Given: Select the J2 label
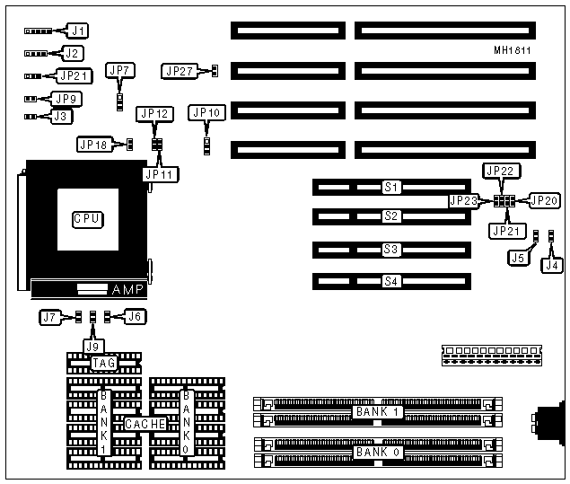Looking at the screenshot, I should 70,53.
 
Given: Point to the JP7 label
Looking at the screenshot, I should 119,70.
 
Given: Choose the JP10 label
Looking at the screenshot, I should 206,113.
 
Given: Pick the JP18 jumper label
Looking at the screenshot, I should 94,144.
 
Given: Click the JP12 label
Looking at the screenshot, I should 153,114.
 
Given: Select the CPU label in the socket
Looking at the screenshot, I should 86,218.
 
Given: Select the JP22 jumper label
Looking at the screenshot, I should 499,171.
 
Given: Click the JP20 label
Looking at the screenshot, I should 544,200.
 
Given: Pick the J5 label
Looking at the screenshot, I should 517,259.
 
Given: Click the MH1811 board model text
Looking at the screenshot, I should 511,51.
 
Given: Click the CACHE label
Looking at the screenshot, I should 144,423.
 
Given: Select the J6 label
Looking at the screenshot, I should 135,317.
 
